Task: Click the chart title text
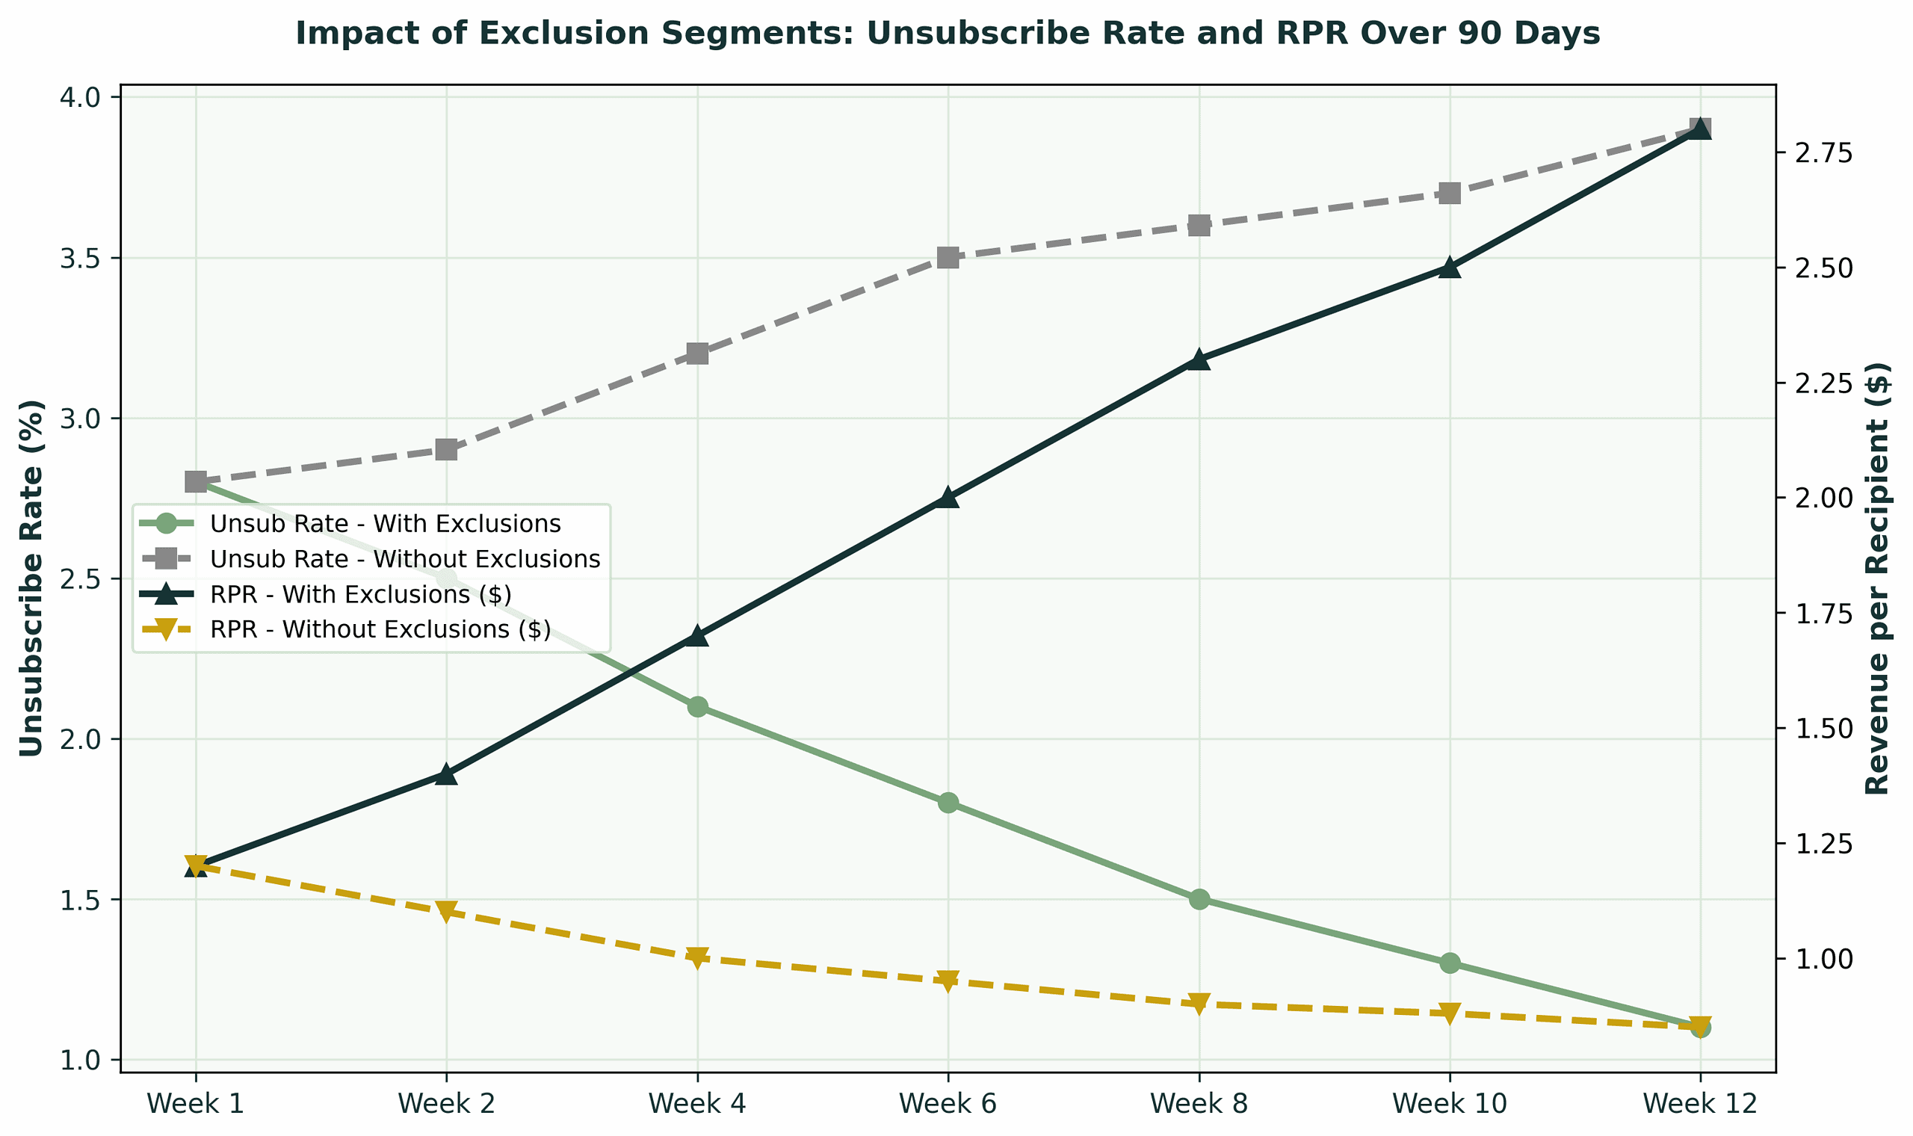pos(948,34)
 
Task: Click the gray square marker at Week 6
pos(948,257)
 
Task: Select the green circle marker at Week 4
pos(697,706)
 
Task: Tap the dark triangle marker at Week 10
pos(1449,268)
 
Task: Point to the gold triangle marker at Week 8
pos(1199,1004)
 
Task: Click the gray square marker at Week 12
pos(1700,129)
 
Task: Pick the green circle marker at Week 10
pos(1449,963)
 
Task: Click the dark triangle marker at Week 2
pos(446,774)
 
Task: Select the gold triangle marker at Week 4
pos(697,957)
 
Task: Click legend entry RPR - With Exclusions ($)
pos(359,595)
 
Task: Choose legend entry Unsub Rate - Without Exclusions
pos(404,560)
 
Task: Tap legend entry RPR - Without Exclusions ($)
pos(380,630)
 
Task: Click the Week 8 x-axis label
pos(1199,1103)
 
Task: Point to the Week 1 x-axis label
pos(195,1103)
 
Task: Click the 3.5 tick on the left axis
pos(86,258)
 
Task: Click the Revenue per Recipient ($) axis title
pos(1878,578)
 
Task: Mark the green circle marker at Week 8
pos(1199,898)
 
